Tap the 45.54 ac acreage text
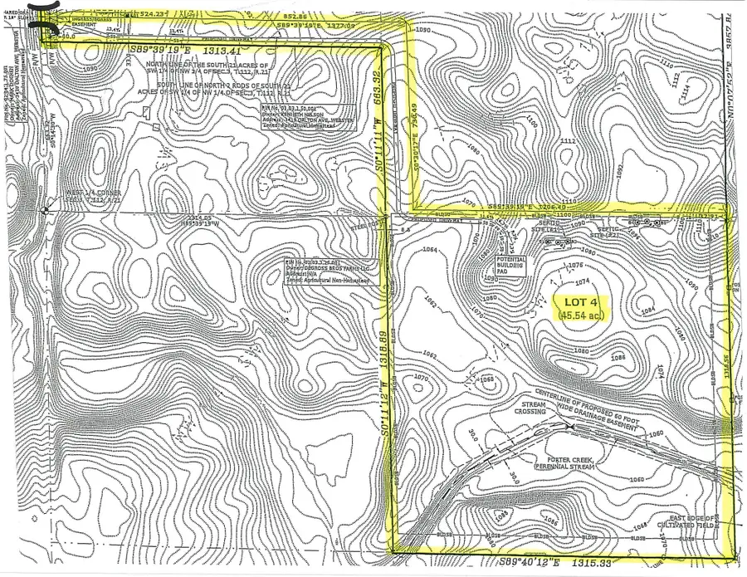coord(582,316)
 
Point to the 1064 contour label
coord(429,250)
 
